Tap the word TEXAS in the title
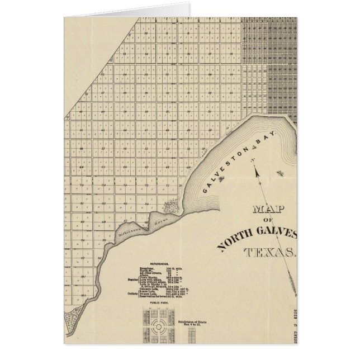[268, 252]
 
